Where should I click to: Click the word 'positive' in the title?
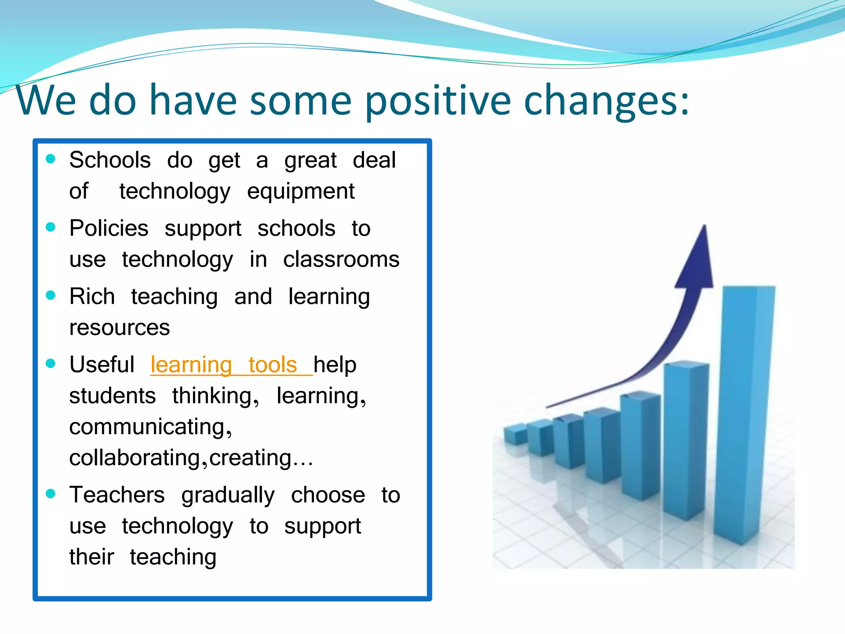coord(438,100)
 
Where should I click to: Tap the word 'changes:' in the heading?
coord(606,100)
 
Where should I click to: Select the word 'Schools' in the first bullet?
coord(110,160)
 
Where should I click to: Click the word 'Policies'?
coord(109,228)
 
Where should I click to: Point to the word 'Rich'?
coord(92,296)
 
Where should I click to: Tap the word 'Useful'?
coord(101,365)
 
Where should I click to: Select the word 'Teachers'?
coord(117,495)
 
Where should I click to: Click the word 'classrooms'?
coord(341,260)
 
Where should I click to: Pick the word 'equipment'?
coord(301,192)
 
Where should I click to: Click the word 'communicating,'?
coord(151,427)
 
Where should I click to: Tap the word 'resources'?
coord(119,328)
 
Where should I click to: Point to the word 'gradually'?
coord(228,495)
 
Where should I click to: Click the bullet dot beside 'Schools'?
coord(51,159)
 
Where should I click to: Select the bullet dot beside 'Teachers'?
coord(51,494)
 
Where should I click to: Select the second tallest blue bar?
coord(686,438)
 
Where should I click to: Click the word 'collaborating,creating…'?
coord(191,458)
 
